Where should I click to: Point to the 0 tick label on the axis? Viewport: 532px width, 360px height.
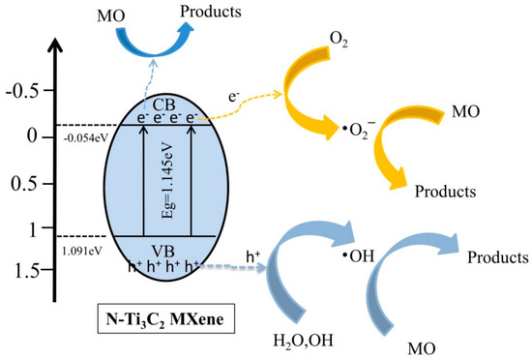32,138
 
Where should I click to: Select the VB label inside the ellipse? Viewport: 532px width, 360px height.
161,248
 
